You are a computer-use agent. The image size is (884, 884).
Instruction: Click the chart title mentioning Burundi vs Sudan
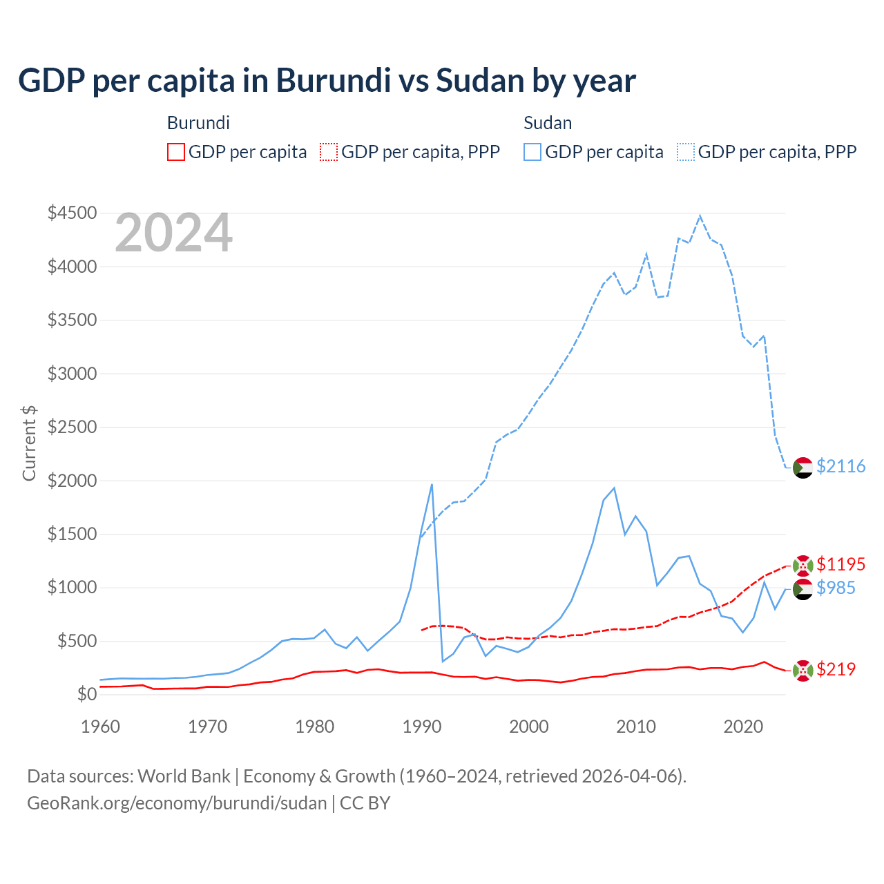[x=327, y=81]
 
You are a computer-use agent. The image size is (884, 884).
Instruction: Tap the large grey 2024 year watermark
[x=173, y=233]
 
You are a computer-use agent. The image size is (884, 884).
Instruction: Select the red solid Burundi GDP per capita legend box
[x=176, y=152]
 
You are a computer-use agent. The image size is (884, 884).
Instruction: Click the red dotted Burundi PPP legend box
[x=329, y=152]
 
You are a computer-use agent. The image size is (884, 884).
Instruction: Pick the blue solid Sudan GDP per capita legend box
[x=532, y=152]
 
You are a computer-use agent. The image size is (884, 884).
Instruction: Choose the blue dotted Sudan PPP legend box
[x=686, y=152]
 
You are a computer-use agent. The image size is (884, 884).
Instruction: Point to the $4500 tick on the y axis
[x=72, y=213]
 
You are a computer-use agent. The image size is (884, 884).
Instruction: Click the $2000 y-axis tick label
[x=72, y=481]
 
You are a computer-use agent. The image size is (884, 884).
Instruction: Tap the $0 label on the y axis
[x=86, y=694]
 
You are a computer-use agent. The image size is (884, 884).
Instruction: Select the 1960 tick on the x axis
[x=101, y=727]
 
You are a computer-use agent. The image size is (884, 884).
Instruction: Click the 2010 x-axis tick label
[x=636, y=727]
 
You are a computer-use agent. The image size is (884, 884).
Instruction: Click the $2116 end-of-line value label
[x=840, y=467]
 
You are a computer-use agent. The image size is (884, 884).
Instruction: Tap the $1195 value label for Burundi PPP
[x=840, y=564]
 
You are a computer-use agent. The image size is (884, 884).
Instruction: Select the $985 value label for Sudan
[x=836, y=588]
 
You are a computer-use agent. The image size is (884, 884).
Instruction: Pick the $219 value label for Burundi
[x=836, y=669]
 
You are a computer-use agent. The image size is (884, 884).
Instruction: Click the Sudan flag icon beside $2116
[x=803, y=468]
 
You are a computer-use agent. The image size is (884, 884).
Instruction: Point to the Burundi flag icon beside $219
[x=803, y=670]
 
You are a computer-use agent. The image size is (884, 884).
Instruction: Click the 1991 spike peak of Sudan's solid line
[x=432, y=485]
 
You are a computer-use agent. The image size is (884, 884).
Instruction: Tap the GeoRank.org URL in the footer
[x=177, y=803]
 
